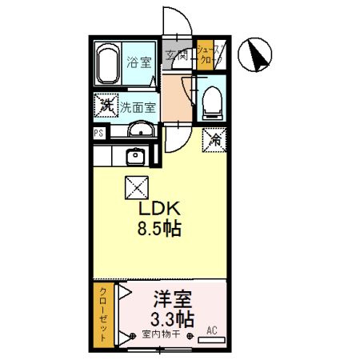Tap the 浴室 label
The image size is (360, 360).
[x=139, y=63]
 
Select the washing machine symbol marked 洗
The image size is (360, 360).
[x=105, y=105]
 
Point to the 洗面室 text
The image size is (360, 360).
[x=138, y=106]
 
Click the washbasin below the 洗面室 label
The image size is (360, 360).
[x=140, y=131]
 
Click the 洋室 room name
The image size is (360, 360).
[x=172, y=300]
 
